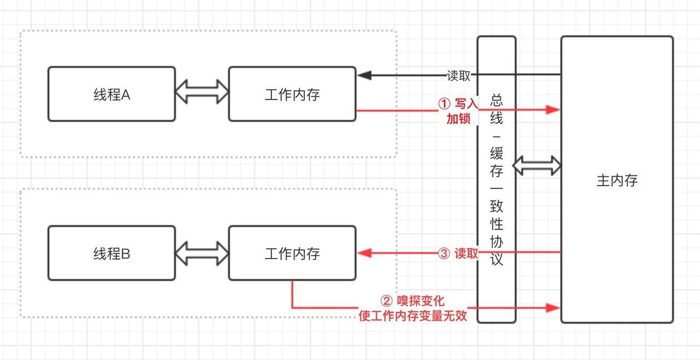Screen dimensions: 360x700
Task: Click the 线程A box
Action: point(111,94)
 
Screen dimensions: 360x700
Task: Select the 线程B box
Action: point(111,253)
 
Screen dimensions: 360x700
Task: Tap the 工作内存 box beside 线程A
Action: point(292,94)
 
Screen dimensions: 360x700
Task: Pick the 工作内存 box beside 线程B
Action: point(292,253)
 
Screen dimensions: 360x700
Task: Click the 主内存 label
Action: point(616,181)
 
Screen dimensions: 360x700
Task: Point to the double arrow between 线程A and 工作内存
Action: point(202,91)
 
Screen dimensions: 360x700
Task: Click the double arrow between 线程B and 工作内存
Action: point(202,251)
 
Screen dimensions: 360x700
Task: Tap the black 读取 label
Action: point(458,76)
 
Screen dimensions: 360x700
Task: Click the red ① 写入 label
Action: point(458,104)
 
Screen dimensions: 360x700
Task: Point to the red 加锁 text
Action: point(458,119)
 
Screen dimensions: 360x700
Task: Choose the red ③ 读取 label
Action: point(458,254)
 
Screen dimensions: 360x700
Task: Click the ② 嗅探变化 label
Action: point(413,301)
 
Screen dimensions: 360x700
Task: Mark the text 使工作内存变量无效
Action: point(413,315)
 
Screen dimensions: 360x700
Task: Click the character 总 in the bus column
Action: point(497,101)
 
